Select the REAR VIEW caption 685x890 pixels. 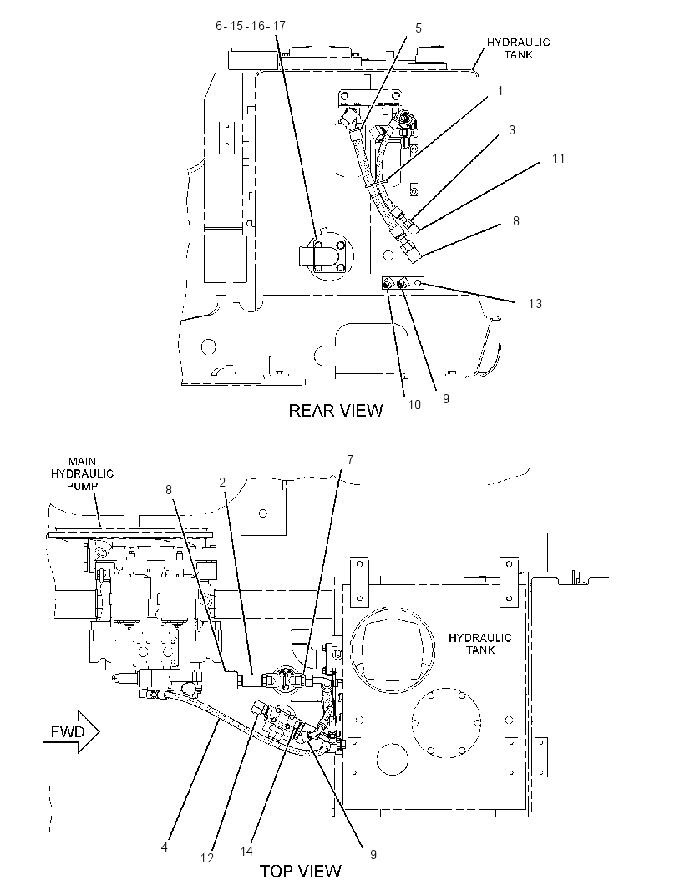(x=336, y=411)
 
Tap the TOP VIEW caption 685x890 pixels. (x=301, y=871)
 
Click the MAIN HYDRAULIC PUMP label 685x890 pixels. (x=83, y=474)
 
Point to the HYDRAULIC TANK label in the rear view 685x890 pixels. (x=518, y=48)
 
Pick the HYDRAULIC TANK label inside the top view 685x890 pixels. (x=480, y=644)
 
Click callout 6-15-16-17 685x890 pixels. (x=251, y=26)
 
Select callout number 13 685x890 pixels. (x=535, y=304)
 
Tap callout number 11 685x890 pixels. (x=558, y=159)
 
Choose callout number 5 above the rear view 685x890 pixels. (x=419, y=28)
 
